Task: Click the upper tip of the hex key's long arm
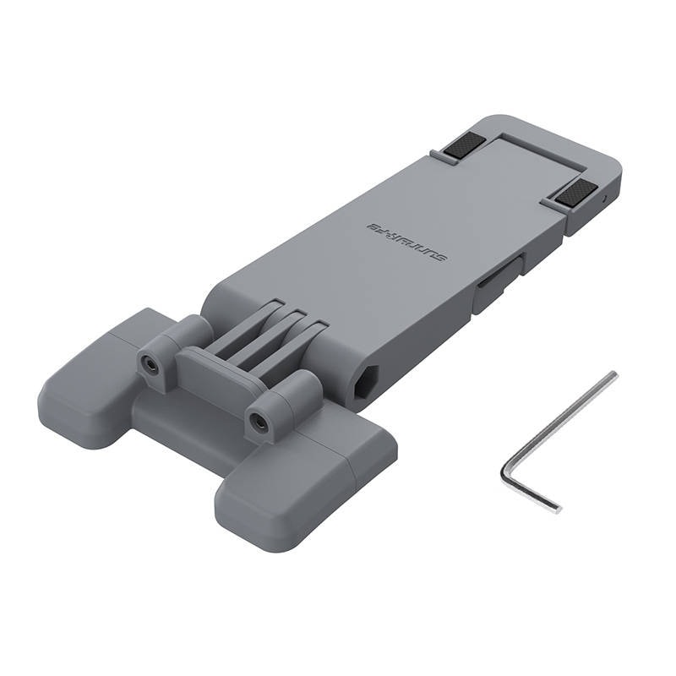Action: coord(613,375)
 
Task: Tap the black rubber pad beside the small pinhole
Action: coord(575,194)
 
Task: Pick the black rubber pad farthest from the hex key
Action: coord(463,148)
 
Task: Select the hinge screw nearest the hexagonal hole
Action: coord(259,419)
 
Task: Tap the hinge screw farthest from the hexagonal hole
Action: coord(150,364)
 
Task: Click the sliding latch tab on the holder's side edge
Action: coord(493,287)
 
